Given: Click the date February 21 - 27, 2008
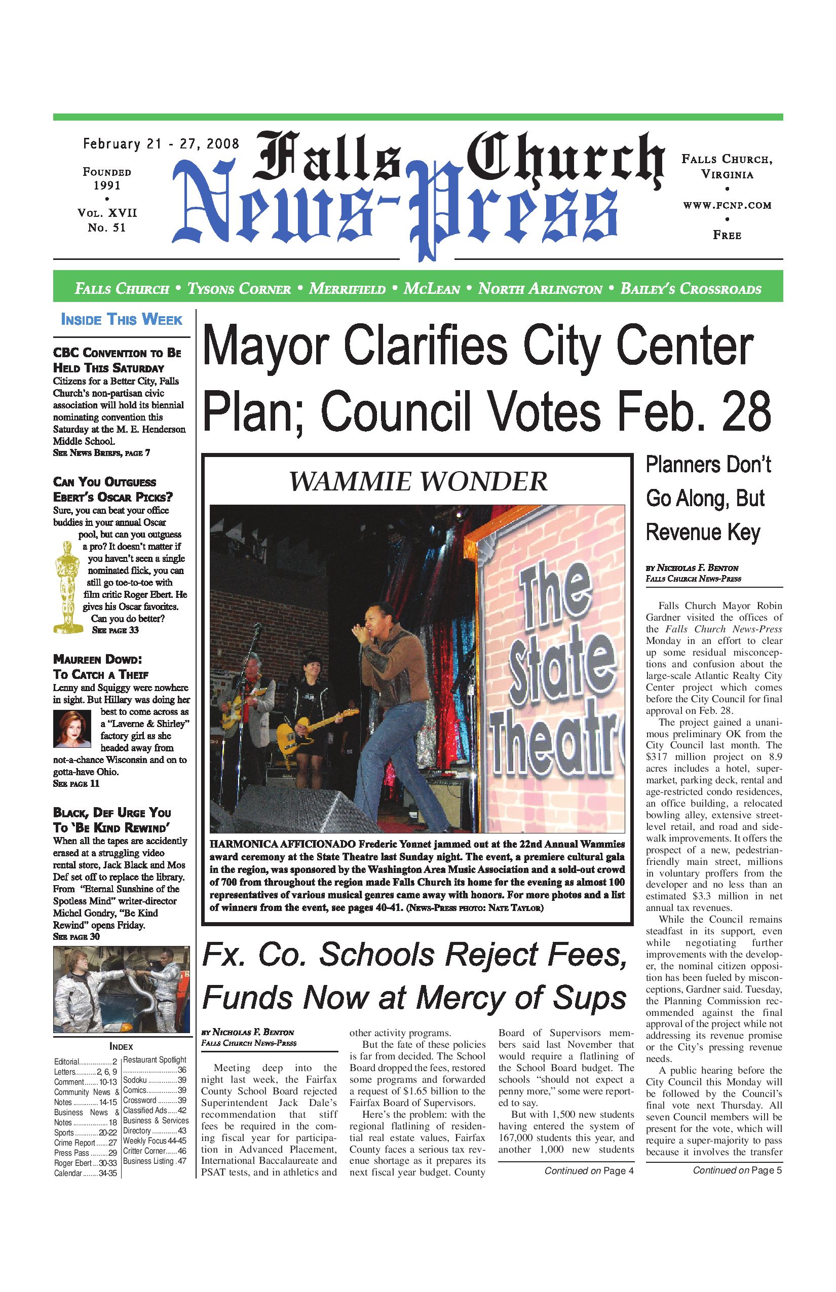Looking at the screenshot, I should click(x=161, y=144).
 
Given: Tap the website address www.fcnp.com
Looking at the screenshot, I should click(x=727, y=205).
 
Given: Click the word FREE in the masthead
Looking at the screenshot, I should click(x=727, y=235).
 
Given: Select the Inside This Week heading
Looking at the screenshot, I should click(x=122, y=319).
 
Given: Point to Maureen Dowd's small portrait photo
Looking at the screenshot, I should click(x=72, y=729).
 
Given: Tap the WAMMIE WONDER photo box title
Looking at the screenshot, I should click(x=417, y=481).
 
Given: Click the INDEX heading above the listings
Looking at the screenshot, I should click(x=121, y=1046).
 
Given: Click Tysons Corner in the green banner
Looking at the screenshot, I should click(x=239, y=288).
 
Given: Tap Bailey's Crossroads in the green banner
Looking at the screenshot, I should click(x=691, y=288).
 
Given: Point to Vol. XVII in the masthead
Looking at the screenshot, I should click(x=107, y=213).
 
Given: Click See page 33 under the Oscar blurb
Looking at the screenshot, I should click(x=115, y=630).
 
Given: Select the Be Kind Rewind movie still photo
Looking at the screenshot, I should click(x=122, y=989).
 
